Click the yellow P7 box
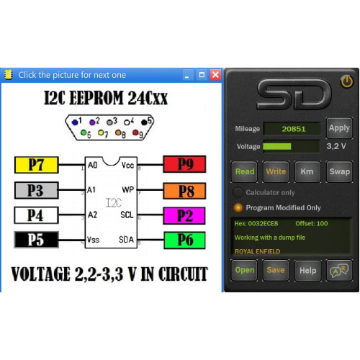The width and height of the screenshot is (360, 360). click(37, 165)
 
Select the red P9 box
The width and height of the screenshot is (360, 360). click(184, 164)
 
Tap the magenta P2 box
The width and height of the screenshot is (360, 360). click(184, 215)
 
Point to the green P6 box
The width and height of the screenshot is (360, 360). click(184, 240)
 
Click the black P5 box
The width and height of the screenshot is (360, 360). click(37, 240)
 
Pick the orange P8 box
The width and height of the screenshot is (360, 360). click(184, 191)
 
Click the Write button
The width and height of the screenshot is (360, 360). click(276, 171)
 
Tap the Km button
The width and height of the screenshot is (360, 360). click(307, 171)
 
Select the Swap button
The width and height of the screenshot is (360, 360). click(339, 171)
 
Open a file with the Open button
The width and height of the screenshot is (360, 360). click(244, 270)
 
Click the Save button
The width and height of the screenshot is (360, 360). click(276, 270)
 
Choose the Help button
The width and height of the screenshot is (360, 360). click(307, 270)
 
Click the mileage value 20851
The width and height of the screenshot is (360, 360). click(294, 129)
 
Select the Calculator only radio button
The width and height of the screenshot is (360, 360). click(238, 192)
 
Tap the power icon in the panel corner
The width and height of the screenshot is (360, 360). click(346, 81)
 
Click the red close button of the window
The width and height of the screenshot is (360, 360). click(215, 75)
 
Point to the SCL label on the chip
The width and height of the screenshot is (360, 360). click(127, 215)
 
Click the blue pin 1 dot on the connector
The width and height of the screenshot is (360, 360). click(75, 122)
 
